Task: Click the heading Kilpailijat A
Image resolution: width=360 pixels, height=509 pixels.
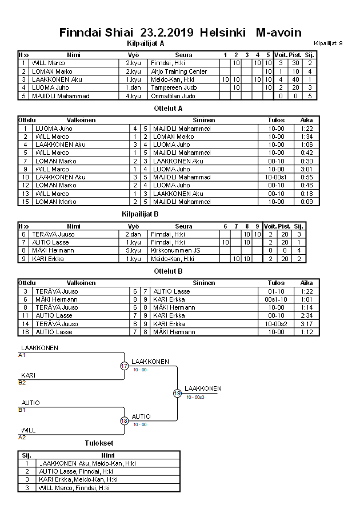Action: pos(145,43)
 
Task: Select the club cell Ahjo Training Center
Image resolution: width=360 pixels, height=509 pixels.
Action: pos(179,71)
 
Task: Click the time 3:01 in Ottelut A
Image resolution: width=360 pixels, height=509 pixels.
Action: pos(306,169)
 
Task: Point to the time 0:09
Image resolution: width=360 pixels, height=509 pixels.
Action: pos(306,202)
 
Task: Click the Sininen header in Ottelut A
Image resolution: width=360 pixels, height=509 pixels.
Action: pos(203,121)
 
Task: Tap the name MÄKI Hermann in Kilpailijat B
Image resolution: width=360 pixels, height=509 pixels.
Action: pos(47,250)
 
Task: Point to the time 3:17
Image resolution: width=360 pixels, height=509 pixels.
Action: pos(306,323)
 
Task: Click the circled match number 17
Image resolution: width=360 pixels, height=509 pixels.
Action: pos(125,366)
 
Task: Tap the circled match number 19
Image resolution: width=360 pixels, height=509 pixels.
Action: pos(177,393)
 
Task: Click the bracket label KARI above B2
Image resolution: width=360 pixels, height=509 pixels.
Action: pos(29,375)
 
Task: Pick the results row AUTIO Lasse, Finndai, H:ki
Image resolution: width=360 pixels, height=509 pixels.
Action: pos(74,471)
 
